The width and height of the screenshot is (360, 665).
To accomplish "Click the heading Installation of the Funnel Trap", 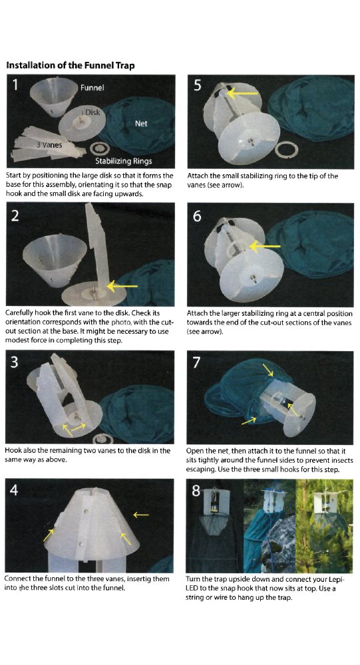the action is coord(70,65).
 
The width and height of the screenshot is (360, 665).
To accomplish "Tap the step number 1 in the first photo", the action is coord(15,85).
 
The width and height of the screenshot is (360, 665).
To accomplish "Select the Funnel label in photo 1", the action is coord(92,87).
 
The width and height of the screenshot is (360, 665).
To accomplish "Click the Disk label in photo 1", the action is coord(92,112).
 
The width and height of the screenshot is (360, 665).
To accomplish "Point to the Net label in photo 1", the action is coord(141,124).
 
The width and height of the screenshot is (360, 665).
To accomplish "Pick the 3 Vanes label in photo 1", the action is coord(49,145).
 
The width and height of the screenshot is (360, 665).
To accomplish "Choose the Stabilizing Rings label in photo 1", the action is coord(124,161).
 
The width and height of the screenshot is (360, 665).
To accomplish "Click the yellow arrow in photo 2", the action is coord(122,286).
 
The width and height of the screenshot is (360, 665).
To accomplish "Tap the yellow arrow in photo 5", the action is coord(242,93).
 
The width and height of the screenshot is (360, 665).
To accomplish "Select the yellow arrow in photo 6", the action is coord(265,246).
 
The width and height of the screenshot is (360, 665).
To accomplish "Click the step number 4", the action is coord(14,490).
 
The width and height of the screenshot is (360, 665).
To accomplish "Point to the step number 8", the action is coord(196,490).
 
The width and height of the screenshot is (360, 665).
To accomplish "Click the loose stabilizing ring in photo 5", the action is coord(286,150).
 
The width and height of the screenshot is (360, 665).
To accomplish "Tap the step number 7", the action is coord(197,362).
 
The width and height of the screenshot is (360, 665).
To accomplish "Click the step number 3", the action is coord(14,362).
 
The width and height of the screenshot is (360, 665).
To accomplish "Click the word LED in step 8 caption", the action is coord(192,589).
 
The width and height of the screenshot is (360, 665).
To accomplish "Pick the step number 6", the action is coord(197,216).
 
